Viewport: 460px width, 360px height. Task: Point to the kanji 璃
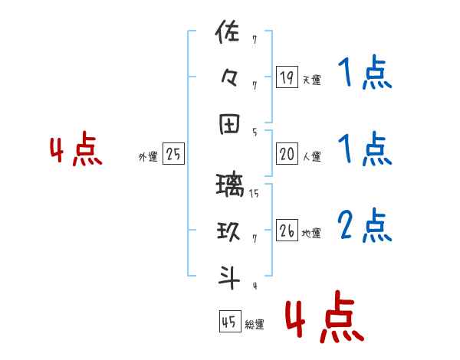click(230, 185)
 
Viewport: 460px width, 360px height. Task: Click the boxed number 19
click(287, 77)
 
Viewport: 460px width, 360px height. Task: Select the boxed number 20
click(287, 155)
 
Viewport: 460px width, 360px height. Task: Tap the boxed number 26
click(287, 231)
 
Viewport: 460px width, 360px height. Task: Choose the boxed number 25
click(173, 155)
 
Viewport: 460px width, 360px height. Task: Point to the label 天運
click(311, 80)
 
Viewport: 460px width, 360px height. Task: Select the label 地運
click(311, 233)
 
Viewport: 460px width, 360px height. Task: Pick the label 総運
click(255, 325)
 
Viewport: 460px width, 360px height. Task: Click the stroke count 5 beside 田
click(254, 132)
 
